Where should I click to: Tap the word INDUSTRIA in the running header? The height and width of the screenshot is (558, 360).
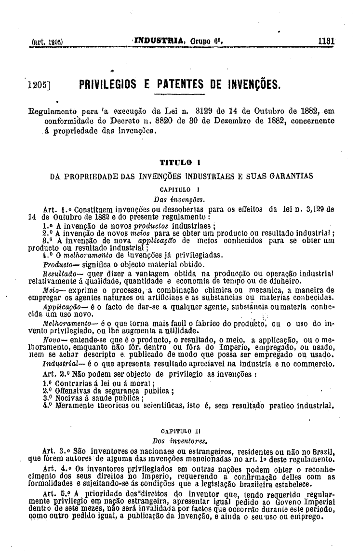pyautogui.click(x=162, y=41)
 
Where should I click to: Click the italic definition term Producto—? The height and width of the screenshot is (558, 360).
pyautogui.click(x=56, y=264)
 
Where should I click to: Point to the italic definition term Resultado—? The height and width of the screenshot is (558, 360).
pyautogui.click(x=57, y=273)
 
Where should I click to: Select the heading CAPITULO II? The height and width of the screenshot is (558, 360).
pyautogui.click(x=179, y=431)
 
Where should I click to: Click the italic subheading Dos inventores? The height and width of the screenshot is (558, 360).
pyautogui.click(x=179, y=440)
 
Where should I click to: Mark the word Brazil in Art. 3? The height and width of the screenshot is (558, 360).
pyautogui.click(x=323, y=450)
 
